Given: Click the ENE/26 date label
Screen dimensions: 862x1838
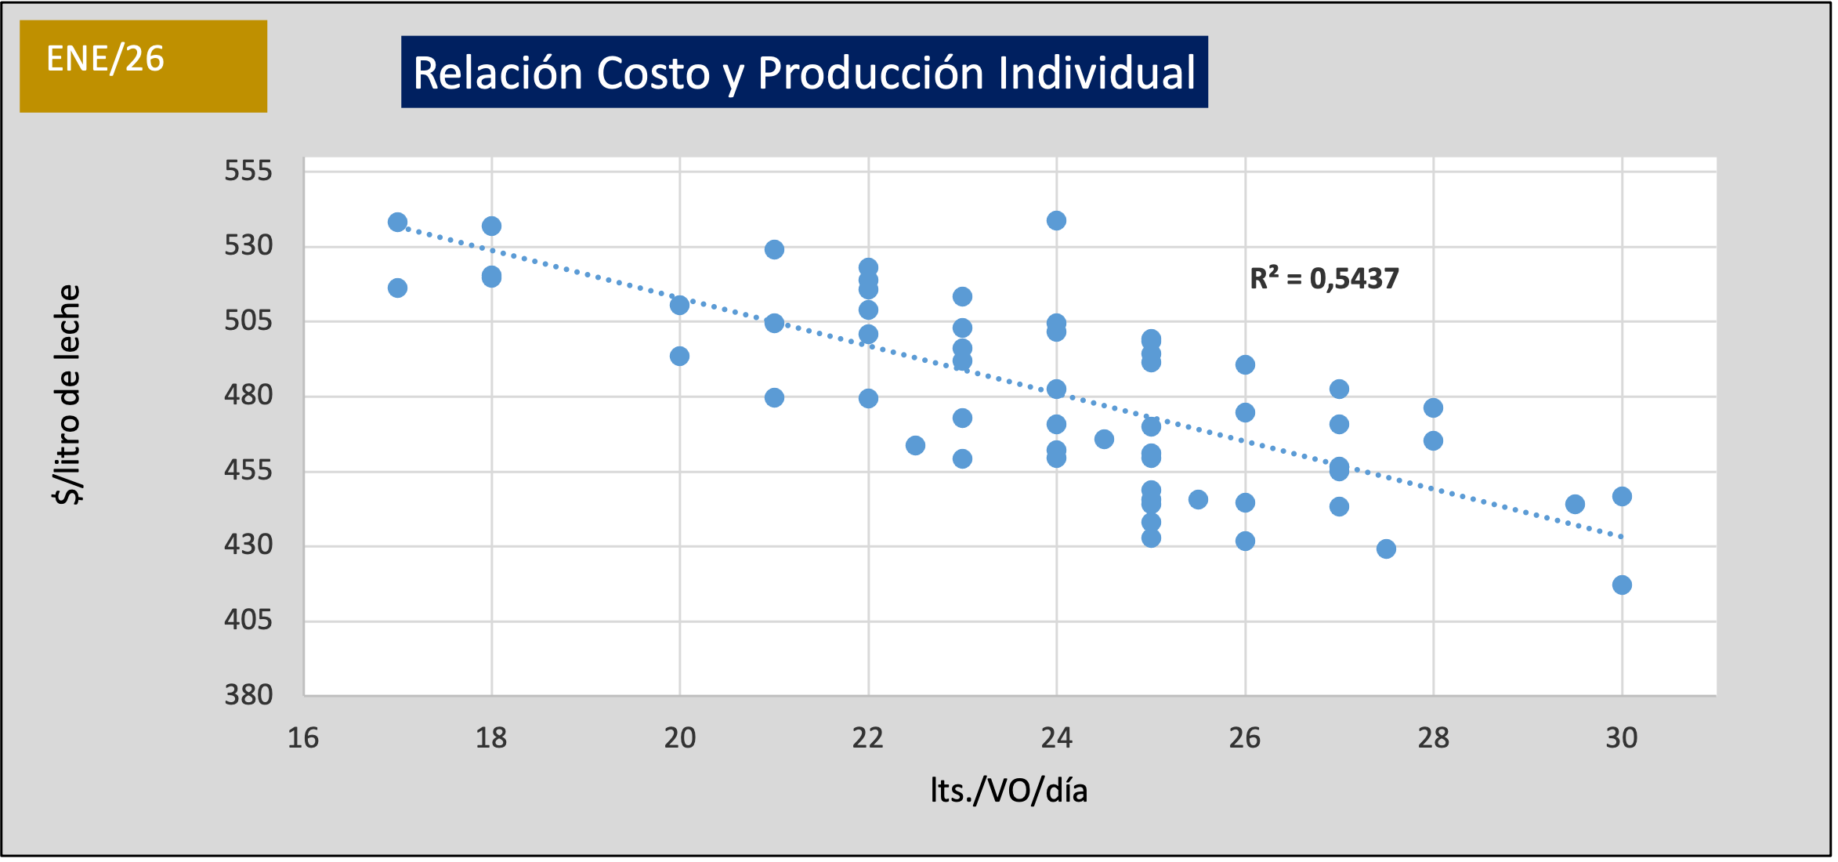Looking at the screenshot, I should tap(105, 60).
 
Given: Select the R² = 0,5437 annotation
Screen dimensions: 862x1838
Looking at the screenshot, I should tap(1324, 278).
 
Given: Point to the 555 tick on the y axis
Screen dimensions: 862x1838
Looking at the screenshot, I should tap(248, 171).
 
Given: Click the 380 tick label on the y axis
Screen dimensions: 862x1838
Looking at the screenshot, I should tap(248, 694).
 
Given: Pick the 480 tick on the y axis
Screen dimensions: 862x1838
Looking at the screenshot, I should tap(248, 395).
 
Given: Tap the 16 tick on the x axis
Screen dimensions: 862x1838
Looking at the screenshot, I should tap(303, 738).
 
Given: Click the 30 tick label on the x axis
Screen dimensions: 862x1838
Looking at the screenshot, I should tap(1621, 738).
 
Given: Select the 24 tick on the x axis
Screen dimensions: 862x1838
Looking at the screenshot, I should tap(1056, 738).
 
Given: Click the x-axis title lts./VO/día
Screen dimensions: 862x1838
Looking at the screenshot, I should tap(1009, 791).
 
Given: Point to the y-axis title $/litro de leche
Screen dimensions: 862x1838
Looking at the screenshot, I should tap(68, 395).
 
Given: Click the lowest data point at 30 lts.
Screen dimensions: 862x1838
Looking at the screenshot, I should tap(1622, 585).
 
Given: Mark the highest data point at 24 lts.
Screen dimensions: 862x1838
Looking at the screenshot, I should tap(1056, 220).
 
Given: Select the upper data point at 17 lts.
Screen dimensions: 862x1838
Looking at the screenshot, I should tap(397, 222).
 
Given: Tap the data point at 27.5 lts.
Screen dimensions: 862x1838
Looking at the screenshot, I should tap(1386, 549).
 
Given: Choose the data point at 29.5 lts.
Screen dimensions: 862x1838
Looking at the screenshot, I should tap(1575, 504).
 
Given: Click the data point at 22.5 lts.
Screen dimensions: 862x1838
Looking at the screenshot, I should tap(915, 445).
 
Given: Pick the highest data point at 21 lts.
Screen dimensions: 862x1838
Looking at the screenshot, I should tap(774, 249).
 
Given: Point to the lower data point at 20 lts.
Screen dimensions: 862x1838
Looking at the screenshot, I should tap(679, 356).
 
